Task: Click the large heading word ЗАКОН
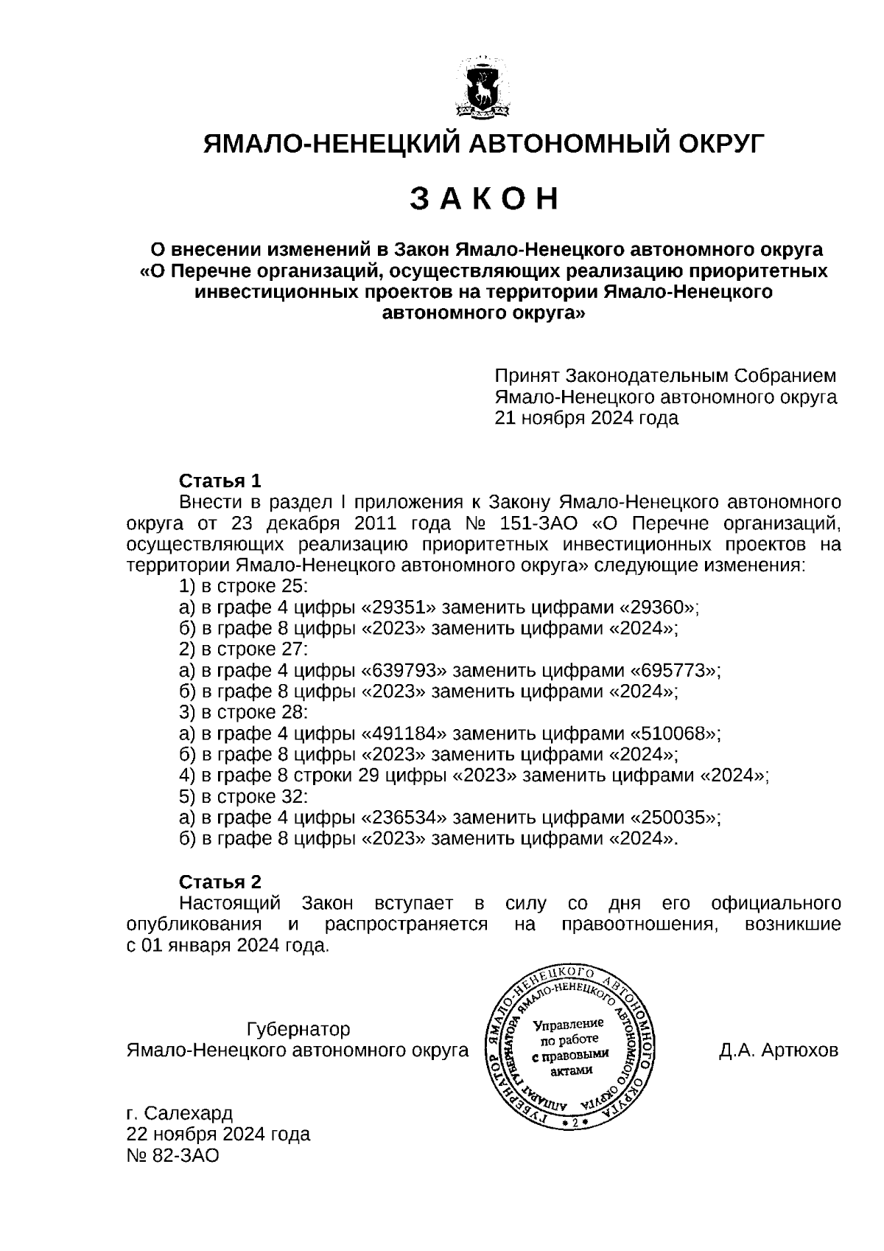[x=484, y=199]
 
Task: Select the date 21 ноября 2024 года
[x=586, y=419]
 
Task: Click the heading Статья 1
[x=220, y=481]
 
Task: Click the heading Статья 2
[x=220, y=882]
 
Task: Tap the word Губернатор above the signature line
[x=298, y=1029]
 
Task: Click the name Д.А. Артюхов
[x=778, y=1050]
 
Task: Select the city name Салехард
[x=189, y=1112]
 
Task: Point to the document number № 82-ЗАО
[x=173, y=1156]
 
